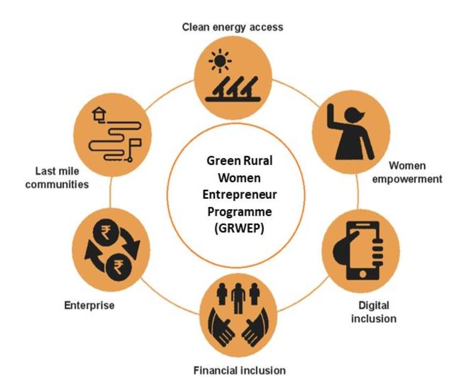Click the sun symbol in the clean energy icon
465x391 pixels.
[x=220, y=61]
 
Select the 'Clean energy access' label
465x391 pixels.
[x=232, y=27]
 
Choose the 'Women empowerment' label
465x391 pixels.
[x=407, y=172]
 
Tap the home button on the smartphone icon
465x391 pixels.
[x=363, y=274]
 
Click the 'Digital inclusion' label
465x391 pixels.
[x=374, y=312]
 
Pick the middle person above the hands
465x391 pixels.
[x=238, y=297]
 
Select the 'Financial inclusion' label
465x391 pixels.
[x=239, y=370]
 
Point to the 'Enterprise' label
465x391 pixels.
[x=89, y=305]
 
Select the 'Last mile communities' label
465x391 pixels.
[x=57, y=178]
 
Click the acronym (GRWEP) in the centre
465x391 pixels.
[x=239, y=228]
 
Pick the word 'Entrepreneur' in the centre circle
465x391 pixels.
[x=239, y=194]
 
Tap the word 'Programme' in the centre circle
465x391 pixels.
[x=239, y=212]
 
